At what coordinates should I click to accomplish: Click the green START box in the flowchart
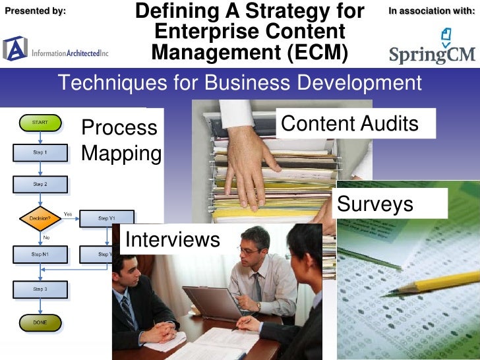pyautogui.click(x=40, y=122)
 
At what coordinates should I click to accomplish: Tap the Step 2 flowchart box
pyautogui.click(x=40, y=184)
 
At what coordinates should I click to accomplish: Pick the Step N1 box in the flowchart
pyautogui.click(x=40, y=254)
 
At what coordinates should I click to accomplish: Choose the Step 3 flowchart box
pyautogui.click(x=40, y=289)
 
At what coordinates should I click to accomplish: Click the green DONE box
pyautogui.click(x=40, y=323)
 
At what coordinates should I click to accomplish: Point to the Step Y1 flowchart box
pyautogui.click(x=107, y=218)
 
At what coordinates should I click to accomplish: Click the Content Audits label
pyautogui.click(x=349, y=123)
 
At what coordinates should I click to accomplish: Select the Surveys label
pyautogui.click(x=375, y=204)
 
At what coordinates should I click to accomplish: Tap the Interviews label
pyautogui.click(x=172, y=239)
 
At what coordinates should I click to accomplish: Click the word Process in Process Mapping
pyautogui.click(x=119, y=127)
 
